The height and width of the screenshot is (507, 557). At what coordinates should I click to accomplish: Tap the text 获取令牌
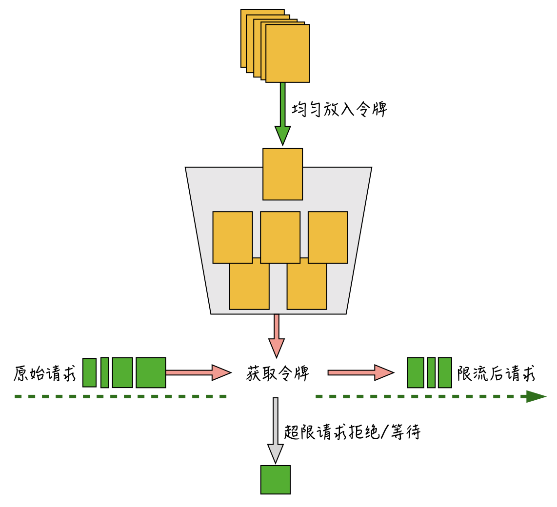coord(278,373)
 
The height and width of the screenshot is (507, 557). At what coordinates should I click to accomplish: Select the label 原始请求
coord(45,373)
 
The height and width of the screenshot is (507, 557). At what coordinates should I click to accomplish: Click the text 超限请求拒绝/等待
coord(352,432)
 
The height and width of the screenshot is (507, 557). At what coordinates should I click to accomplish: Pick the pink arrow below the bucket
coord(277,336)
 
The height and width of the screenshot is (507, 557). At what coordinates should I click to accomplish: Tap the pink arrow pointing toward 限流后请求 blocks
coord(360,372)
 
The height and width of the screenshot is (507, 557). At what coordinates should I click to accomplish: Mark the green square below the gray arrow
coord(276,480)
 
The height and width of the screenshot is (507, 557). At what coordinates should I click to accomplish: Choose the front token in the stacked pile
coord(287,53)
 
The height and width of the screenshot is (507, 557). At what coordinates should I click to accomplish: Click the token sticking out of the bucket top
coord(282,174)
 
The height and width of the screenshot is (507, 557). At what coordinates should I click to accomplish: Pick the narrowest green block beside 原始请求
coord(105,372)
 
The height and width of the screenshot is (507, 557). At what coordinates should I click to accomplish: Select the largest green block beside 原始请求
coord(151,372)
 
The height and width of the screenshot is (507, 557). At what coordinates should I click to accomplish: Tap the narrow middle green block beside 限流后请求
coord(431,372)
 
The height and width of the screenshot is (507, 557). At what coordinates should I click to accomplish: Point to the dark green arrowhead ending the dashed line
coord(536,396)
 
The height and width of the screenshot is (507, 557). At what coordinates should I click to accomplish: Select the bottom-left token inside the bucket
coord(249,288)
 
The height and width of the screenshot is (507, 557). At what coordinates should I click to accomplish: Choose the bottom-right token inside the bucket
coord(306,288)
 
